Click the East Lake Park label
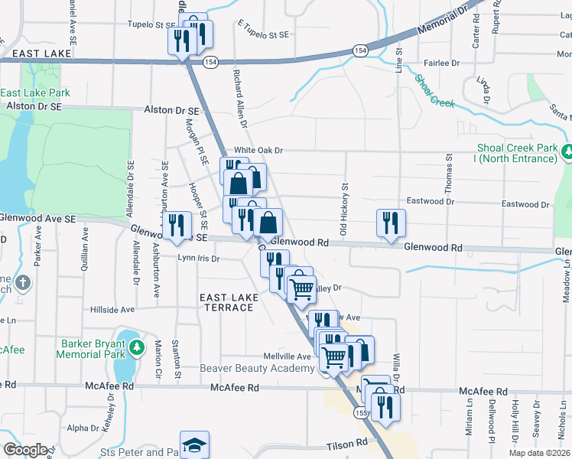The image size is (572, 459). click(x=36, y=93)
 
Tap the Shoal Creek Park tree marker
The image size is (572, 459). click(x=567, y=152)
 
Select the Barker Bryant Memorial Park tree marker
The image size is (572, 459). click(x=137, y=348)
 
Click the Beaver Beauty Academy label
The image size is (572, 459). click(x=257, y=368)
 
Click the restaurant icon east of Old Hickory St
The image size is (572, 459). click(x=391, y=223)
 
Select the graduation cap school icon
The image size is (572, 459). click(x=194, y=445)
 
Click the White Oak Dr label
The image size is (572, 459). click(x=258, y=151)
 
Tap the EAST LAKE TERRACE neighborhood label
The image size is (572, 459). click(x=226, y=302)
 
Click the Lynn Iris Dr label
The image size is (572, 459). click(x=198, y=259)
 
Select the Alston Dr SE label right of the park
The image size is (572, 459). click(x=171, y=111)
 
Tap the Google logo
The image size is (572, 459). click(x=26, y=449)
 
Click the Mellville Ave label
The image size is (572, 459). click(x=288, y=356)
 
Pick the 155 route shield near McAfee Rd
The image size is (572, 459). click(x=360, y=413)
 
